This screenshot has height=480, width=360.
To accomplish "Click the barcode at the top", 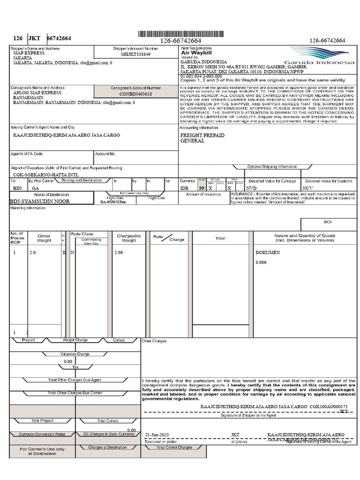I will click(x=180, y=34).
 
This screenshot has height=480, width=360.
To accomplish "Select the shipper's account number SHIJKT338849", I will click(x=136, y=54).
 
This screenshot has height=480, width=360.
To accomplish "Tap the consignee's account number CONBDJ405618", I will click(x=136, y=94).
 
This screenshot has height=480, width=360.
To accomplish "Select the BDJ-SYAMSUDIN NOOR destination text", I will click(x=40, y=201).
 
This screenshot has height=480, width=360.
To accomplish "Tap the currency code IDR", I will click(x=184, y=187).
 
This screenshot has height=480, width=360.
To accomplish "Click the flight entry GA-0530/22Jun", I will click(x=113, y=202).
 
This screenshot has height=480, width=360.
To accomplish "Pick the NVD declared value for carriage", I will click(x=251, y=187).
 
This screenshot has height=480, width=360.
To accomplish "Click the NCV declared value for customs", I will click(x=307, y=187).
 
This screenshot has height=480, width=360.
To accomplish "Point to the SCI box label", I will click(x=327, y=222).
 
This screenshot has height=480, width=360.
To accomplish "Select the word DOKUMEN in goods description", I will click(x=268, y=252).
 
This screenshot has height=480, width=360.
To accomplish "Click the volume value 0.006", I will click(x=261, y=262).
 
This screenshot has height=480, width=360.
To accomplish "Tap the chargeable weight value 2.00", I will click(x=119, y=252).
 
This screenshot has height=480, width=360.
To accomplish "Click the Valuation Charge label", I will click(x=75, y=354).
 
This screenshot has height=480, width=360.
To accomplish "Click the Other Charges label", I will click(x=154, y=341).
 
